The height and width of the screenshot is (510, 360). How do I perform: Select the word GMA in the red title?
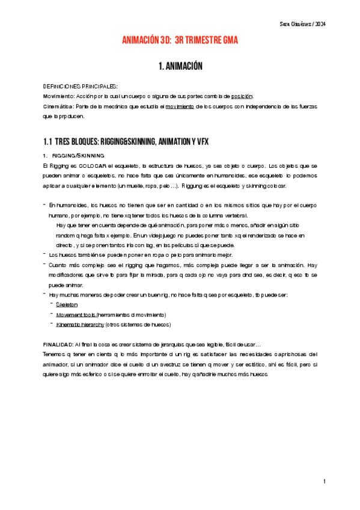228,40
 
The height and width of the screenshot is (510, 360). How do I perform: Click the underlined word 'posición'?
242,96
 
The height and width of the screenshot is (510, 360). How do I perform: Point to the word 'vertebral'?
231,215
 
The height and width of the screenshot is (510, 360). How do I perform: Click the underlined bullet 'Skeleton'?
67,305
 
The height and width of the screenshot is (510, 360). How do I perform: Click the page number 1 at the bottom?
323,481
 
